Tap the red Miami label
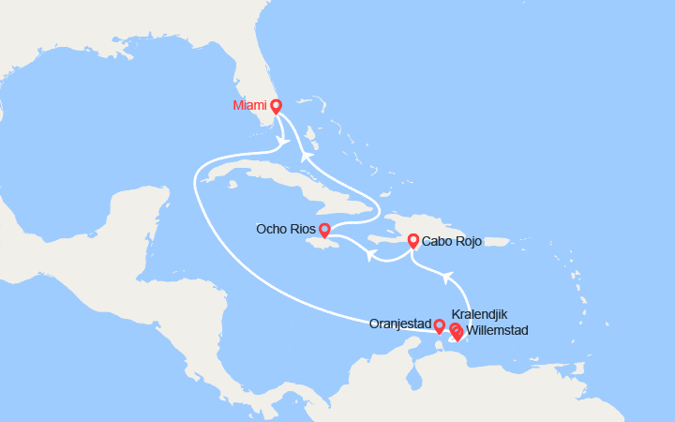249,106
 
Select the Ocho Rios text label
284,229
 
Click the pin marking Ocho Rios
324,230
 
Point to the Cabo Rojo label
452,241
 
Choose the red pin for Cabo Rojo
412,241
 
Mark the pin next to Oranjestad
440,325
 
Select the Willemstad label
497,330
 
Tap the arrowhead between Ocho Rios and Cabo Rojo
371,254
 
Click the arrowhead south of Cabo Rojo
448,277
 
